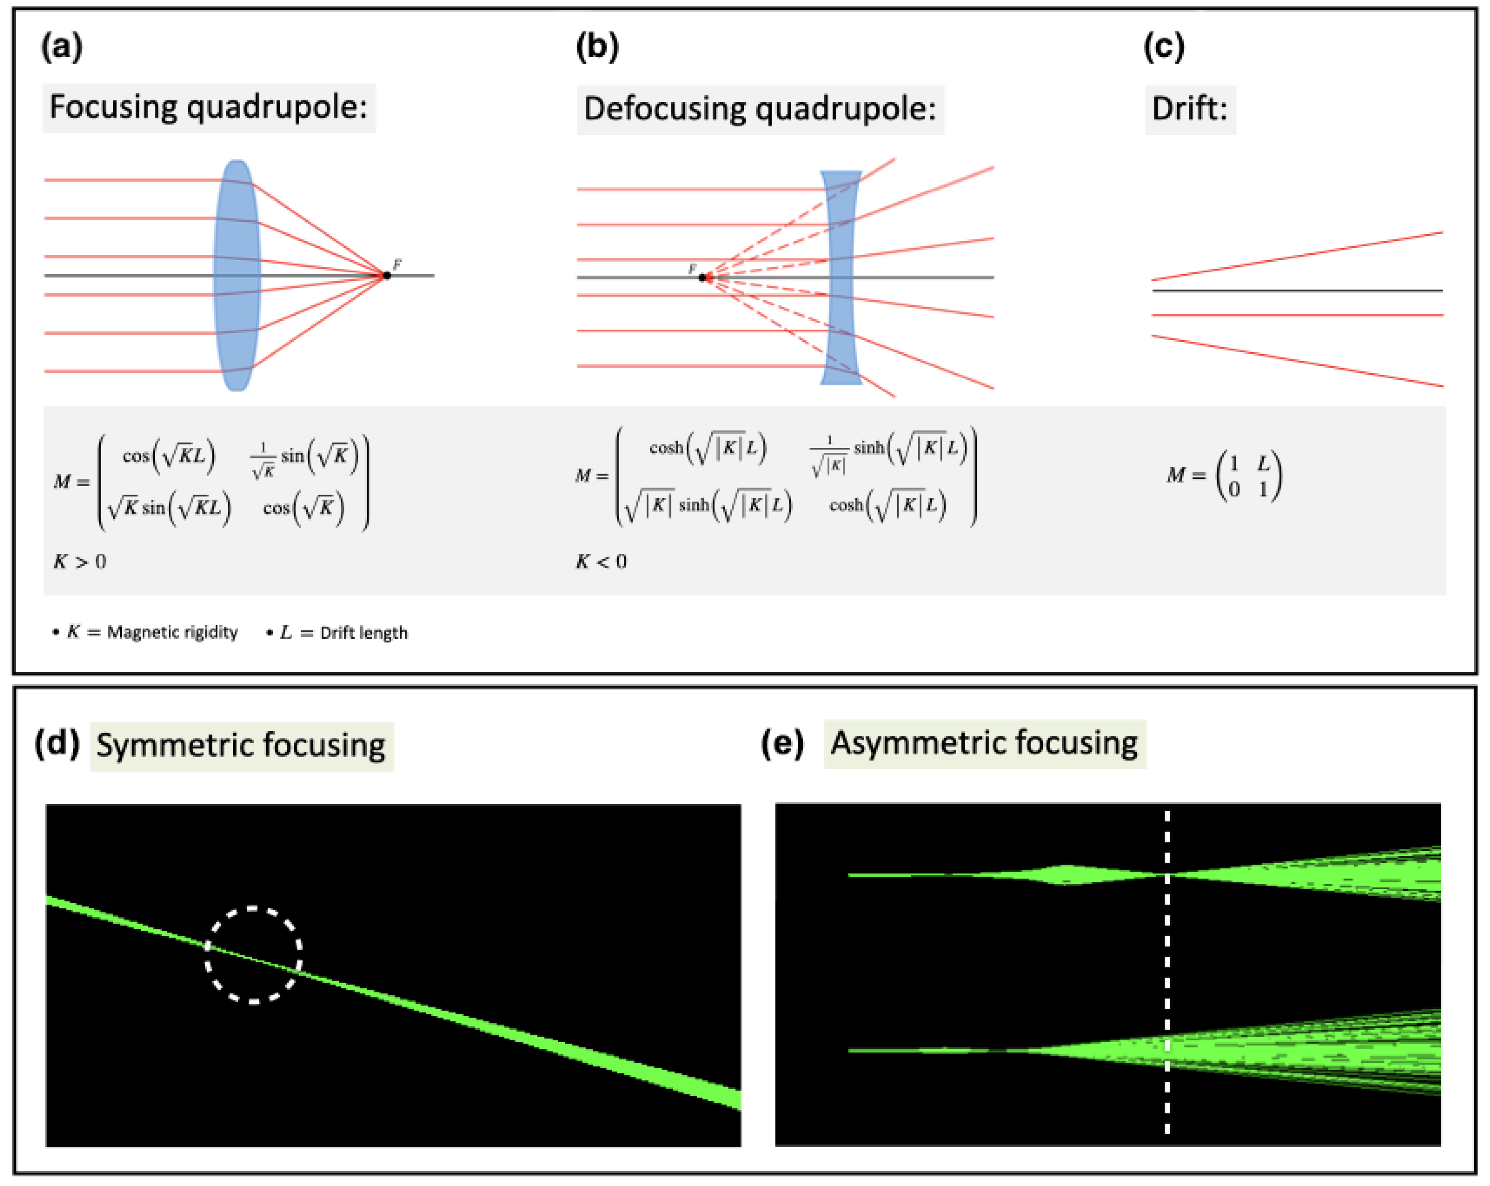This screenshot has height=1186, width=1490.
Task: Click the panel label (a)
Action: [x=62, y=47]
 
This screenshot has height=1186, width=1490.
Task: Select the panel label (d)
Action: [x=57, y=743]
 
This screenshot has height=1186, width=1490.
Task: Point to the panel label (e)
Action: [x=782, y=743]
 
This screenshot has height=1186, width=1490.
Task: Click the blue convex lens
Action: [x=237, y=276]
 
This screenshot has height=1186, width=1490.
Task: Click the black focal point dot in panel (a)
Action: [x=387, y=276]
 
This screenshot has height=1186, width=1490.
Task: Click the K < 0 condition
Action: [x=601, y=561]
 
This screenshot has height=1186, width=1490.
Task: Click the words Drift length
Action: [x=364, y=633]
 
